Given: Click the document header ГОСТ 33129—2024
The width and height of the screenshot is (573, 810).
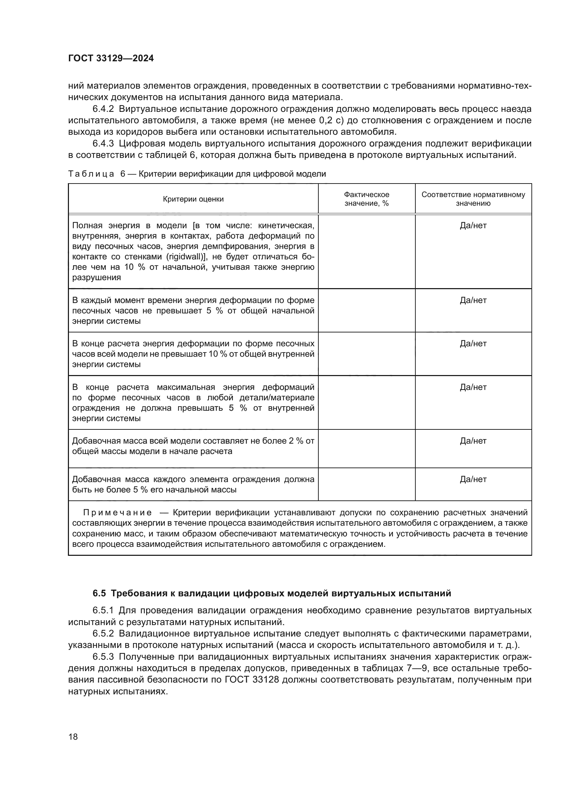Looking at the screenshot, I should pyautogui.click(x=111, y=59).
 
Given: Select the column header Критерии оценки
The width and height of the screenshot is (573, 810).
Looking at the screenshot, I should pyautogui.click(x=193, y=199).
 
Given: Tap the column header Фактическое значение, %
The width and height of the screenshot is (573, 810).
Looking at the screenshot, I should pyautogui.click(x=366, y=199).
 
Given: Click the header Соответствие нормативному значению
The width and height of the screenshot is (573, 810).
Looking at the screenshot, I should pyautogui.click(x=473, y=199).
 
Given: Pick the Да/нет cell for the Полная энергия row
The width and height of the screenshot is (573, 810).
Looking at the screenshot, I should pyautogui.click(x=473, y=225).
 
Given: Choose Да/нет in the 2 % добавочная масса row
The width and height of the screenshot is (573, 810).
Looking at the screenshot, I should pyautogui.click(x=473, y=440).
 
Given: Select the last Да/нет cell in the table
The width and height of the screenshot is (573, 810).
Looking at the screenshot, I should pyautogui.click(x=473, y=479).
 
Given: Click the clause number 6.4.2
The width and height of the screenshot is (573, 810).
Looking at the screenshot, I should pyautogui.click(x=103, y=109).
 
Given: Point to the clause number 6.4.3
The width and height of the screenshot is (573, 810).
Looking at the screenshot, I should pyautogui.click(x=103, y=144).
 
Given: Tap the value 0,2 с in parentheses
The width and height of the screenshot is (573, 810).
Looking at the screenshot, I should pyautogui.click(x=330, y=121).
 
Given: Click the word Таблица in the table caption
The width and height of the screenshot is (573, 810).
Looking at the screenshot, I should pyautogui.click(x=91, y=174).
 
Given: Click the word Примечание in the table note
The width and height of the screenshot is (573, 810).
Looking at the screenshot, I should pyautogui.click(x=117, y=513).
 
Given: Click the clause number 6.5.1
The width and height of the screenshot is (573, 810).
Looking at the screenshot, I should pyautogui.click(x=103, y=611).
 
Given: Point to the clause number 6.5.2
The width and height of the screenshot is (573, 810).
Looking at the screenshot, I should pyautogui.click(x=103, y=634).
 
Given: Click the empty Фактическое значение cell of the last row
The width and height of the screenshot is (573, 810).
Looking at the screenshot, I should pyautogui.click(x=366, y=484).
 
